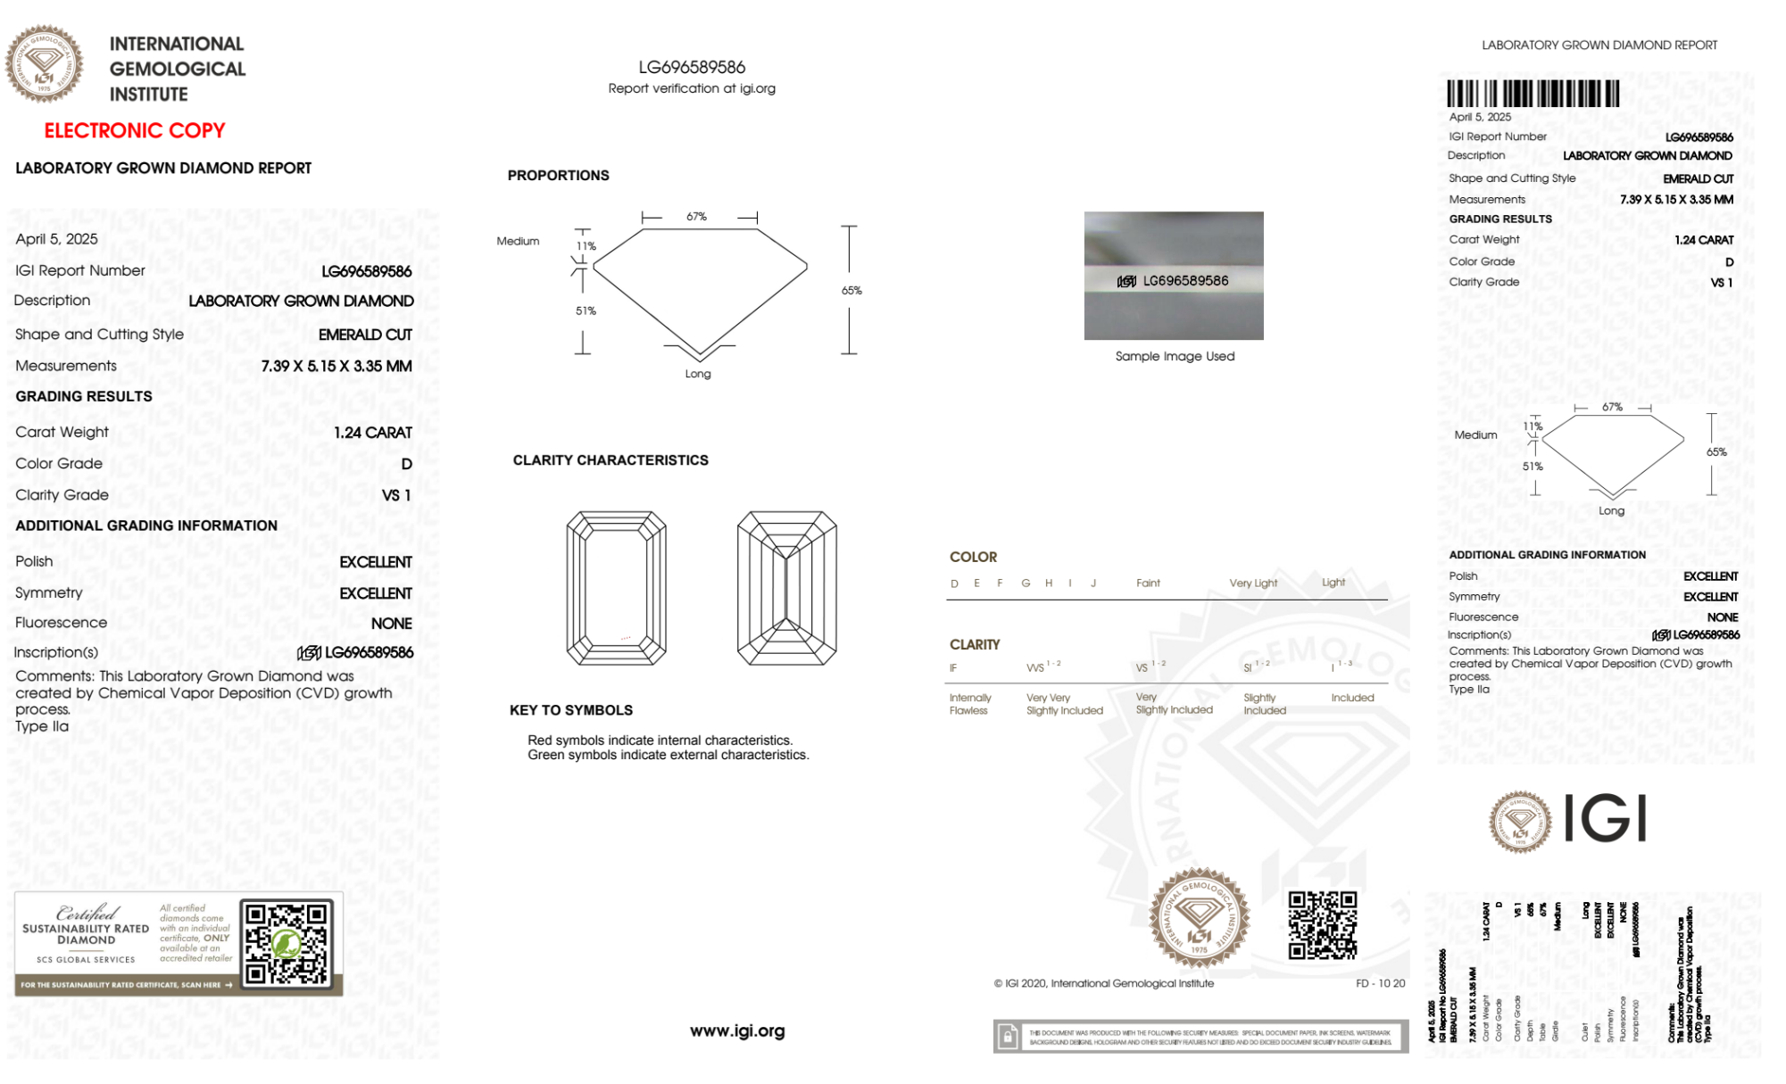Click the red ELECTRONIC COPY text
[135, 131]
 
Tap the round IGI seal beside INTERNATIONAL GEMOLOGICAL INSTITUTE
[44, 63]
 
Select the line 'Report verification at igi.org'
[692, 88]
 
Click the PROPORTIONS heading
[558, 176]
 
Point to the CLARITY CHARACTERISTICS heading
[611, 460]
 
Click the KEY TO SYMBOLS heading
[571, 710]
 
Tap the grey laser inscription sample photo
[1174, 275]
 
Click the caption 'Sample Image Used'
[1175, 356]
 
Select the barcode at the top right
[1533, 94]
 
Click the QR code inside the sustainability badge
[287, 944]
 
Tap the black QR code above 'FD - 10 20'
[1323, 925]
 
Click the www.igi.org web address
[737, 1031]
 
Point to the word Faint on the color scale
[1148, 583]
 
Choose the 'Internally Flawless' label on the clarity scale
[969, 704]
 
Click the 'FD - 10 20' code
[1380, 983]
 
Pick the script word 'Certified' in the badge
[87, 913]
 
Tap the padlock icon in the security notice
[1008, 1037]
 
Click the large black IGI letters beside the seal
[1606, 818]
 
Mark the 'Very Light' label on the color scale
[1253, 583]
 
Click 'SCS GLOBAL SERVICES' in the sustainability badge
[86, 960]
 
